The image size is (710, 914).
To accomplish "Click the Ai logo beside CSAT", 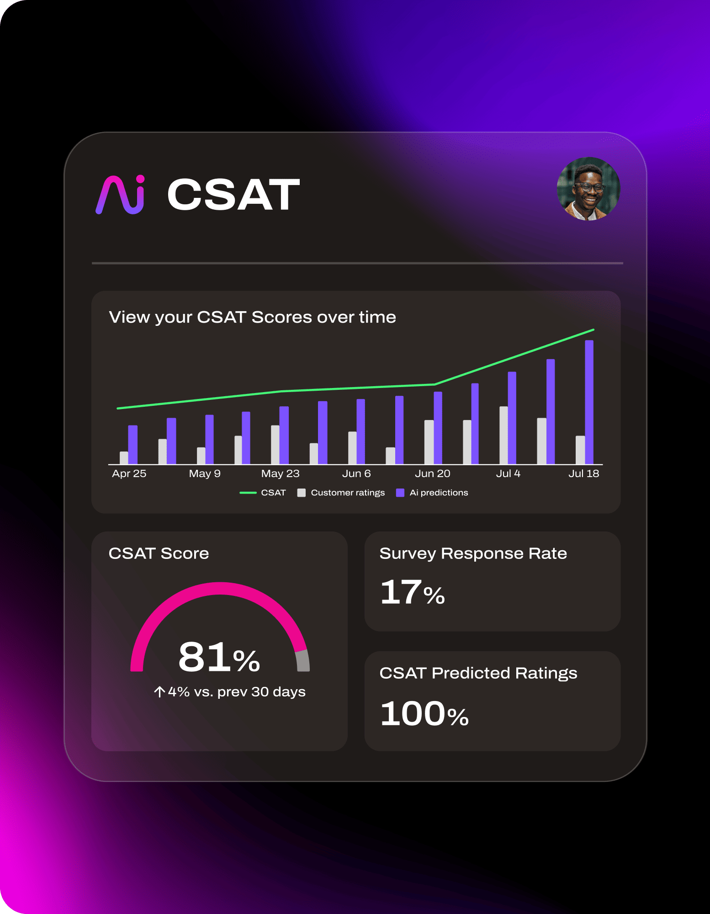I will click(120, 195).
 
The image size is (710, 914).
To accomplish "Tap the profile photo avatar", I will click(588, 189).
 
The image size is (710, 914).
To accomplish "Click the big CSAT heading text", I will click(233, 195).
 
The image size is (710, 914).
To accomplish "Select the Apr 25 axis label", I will click(129, 474).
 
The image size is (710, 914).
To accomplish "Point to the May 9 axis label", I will click(205, 474).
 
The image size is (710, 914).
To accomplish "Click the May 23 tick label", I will click(280, 474).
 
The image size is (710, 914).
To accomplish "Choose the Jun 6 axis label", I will click(356, 474).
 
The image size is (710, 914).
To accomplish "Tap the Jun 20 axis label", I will click(432, 474).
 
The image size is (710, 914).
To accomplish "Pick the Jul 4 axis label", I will click(508, 474).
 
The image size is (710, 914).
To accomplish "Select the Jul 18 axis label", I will click(583, 474).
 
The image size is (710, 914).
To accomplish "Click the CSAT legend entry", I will click(263, 493).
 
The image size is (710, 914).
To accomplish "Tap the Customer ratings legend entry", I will click(341, 493).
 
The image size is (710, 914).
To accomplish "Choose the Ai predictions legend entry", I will click(433, 493).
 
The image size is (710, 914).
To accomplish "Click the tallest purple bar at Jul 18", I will click(589, 402).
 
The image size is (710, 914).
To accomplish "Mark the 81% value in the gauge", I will click(219, 658).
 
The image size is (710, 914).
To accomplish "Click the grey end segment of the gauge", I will click(303, 661).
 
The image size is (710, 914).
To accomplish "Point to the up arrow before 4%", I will click(159, 692).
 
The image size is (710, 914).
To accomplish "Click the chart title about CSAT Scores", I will click(252, 317).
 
